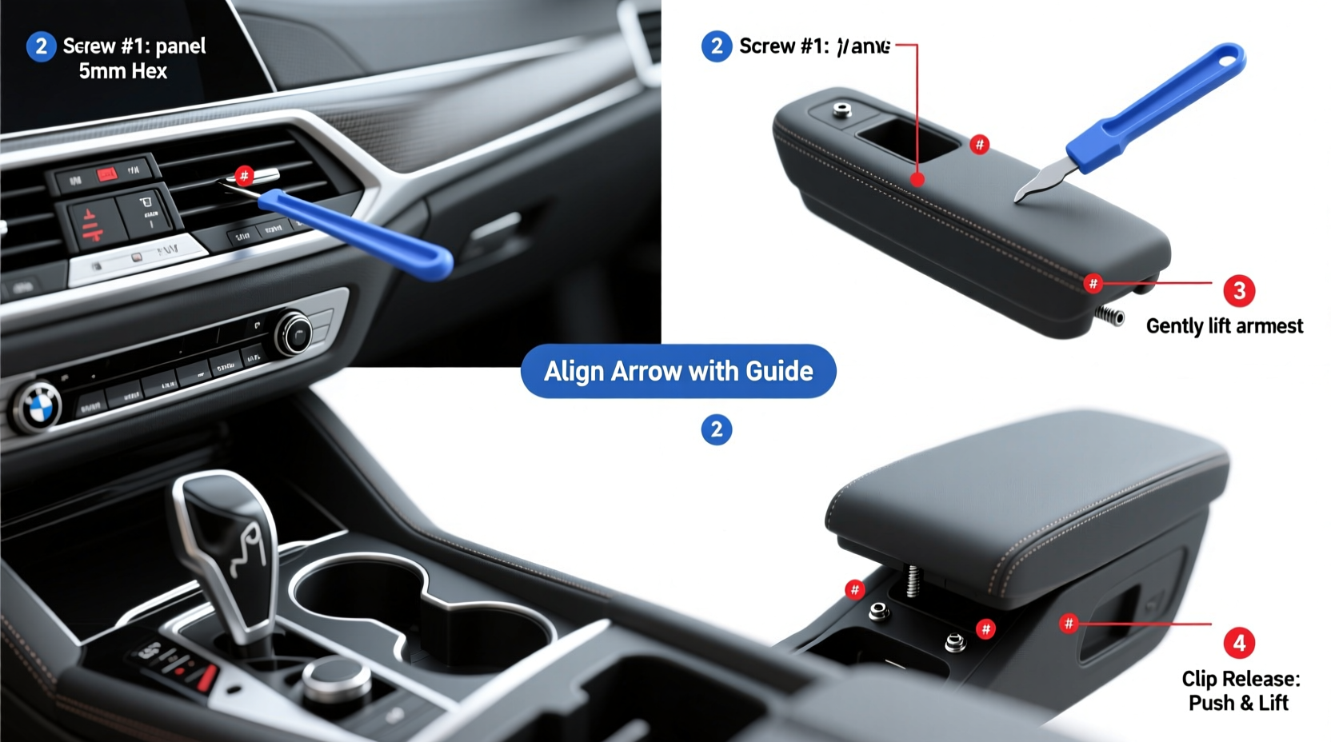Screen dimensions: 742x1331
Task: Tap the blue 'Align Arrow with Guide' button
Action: (x=678, y=371)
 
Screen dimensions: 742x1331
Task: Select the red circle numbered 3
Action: (x=1238, y=290)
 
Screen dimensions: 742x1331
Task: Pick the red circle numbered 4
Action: (x=1238, y=643)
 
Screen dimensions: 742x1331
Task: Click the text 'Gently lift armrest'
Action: (x=1224, y=326)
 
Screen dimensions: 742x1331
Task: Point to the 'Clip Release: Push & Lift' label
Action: (x=1240, y=691)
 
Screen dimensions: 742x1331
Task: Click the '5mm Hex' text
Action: (x=123, y=71)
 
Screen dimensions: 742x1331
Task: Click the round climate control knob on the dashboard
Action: (x=294, y=333)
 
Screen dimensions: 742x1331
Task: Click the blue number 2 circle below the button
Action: (x=716, y=429)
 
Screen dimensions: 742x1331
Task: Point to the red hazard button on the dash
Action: (x=106, y=174)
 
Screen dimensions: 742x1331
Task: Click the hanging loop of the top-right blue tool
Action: (x=1224, y=58)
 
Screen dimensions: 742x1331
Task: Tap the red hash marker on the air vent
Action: (x=245, y=175)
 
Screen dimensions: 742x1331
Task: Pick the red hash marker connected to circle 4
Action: (x=1069, y=623)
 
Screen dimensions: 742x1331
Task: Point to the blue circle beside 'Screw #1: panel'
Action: (x=41, y=46)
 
